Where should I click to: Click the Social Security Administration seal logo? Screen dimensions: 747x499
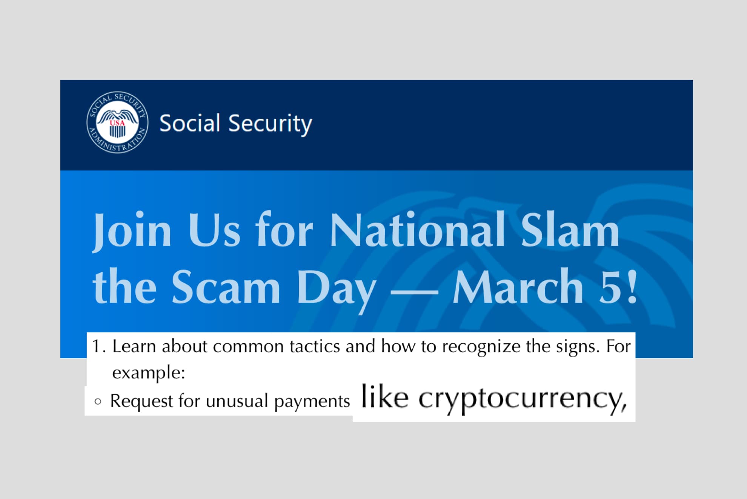117,122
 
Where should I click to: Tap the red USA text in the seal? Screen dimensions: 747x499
117,123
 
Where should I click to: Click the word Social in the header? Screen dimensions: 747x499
190,123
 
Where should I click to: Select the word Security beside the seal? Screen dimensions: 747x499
270,124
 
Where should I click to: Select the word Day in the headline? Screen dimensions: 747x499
337,290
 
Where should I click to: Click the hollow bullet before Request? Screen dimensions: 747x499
98,402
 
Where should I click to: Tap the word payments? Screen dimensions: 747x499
312,401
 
